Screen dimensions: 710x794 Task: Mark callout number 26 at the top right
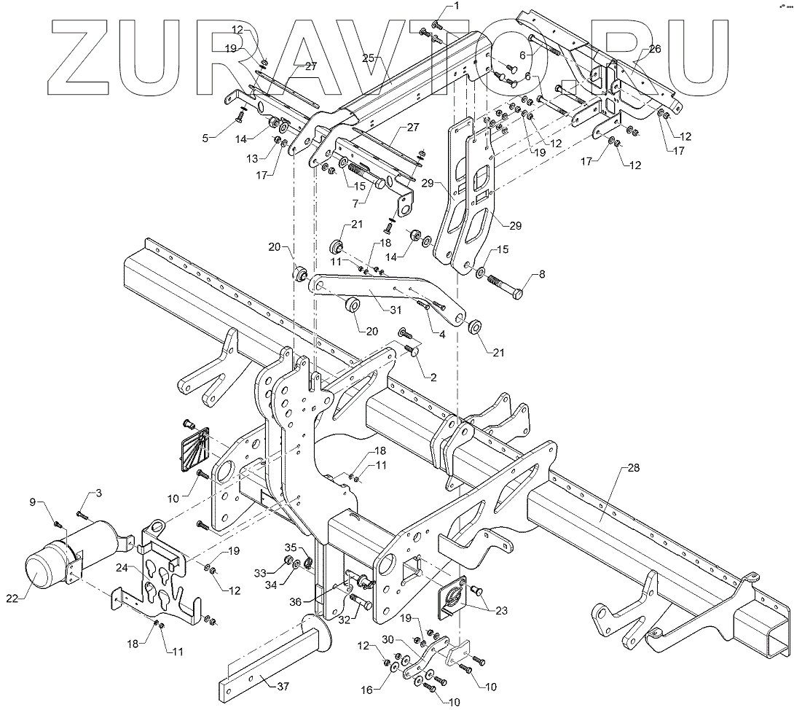[653, 49]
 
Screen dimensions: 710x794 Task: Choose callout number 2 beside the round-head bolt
[433, 377]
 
